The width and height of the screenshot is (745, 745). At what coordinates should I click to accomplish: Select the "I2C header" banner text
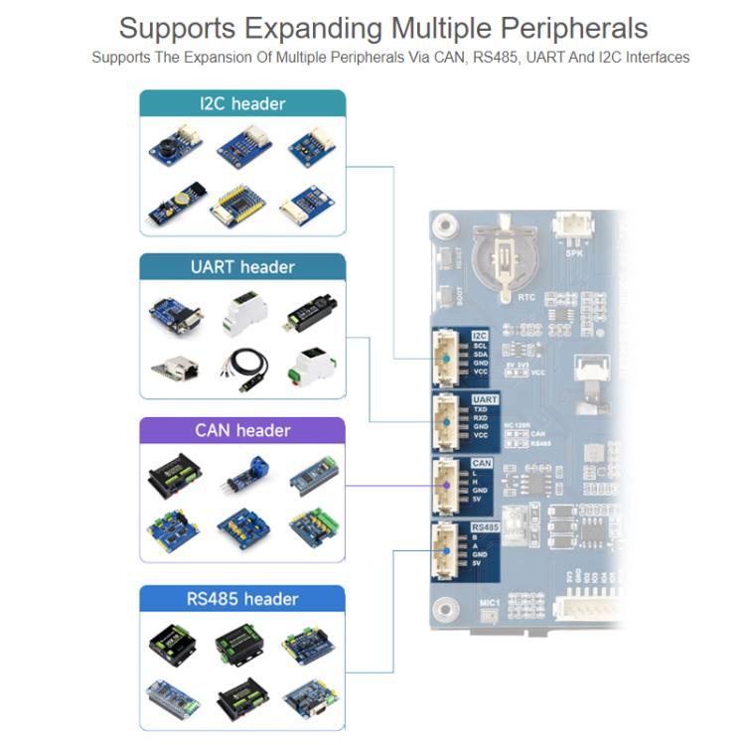click(242, 103)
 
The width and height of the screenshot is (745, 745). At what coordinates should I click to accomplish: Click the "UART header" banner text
click(242, 266)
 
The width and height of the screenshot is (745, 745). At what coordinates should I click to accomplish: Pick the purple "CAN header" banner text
click(242, 430)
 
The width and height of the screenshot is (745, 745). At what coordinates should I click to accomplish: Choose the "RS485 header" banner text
click(242, 598)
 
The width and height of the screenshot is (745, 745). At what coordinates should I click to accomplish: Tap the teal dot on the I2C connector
click(447, 359)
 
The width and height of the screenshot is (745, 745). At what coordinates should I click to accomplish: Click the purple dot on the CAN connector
click(446, 485)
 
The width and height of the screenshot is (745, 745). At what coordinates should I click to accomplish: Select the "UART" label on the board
click(485, 399)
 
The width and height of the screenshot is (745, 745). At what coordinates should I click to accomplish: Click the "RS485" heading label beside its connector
click(486, 527)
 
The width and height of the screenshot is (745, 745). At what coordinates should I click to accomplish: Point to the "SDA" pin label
click(481, 355)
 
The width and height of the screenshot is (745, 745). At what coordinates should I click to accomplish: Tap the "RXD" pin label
click(481, 418)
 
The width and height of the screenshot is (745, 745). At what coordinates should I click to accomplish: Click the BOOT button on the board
click(459, 296)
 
